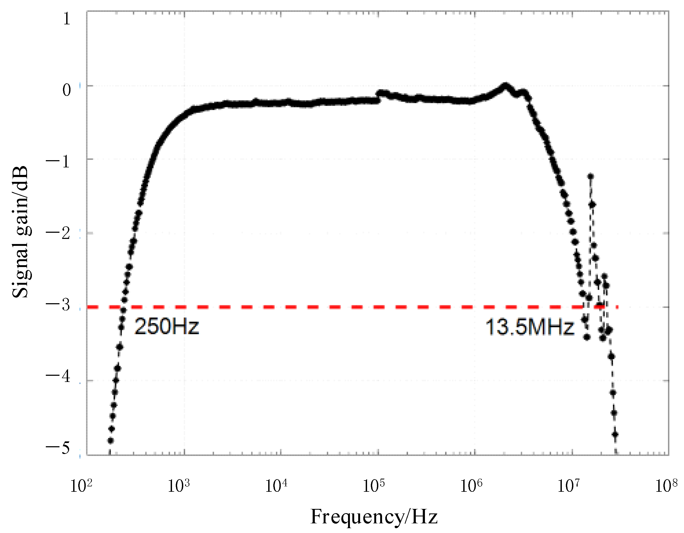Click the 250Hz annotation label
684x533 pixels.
click(x=167, y=326)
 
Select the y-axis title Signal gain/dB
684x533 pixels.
click(x=20, y=232)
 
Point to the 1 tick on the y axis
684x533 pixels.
click(x=66, y=19)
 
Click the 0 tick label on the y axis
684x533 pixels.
click(x=66, y=90)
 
